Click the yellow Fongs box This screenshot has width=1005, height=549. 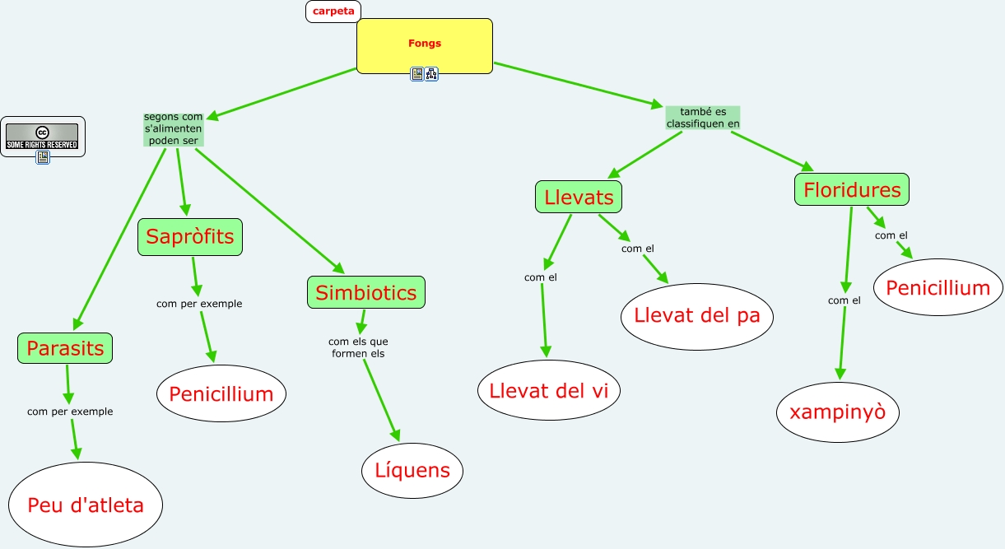click(x=424, y=44)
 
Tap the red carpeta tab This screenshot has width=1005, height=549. click(x=333, y=12)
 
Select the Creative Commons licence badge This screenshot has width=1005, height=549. click(x=42, y=136)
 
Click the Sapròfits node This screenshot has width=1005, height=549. click(x=190, y=237)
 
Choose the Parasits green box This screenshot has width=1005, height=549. click(x=65, y=348)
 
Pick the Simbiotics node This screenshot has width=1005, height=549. click(x=366, y=292)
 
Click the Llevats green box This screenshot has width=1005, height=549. click(x=579, y=198)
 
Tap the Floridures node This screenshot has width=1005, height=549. click(x=852, y=190)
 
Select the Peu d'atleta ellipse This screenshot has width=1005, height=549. click(x=86, y=505)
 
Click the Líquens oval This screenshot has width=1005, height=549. click(x=412, y=470)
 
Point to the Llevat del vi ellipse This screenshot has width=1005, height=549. click(x=549, y=391)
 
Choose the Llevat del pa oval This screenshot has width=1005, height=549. click(x=697, y=315)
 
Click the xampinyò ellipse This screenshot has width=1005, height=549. click(x=838, y=412)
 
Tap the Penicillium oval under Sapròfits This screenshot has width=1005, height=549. click(x=221, y=393)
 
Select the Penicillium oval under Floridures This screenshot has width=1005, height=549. click(x=938, y=288)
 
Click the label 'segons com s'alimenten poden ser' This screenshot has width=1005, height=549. click(x=173, y=129)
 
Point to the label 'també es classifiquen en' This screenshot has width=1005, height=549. click(x=703, y=118)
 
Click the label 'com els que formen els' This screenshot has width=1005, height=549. click(x=358, y=347)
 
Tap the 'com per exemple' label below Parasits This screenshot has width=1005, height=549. click(x=70, y=411)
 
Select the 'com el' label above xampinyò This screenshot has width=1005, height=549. click(x=844, y=300)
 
